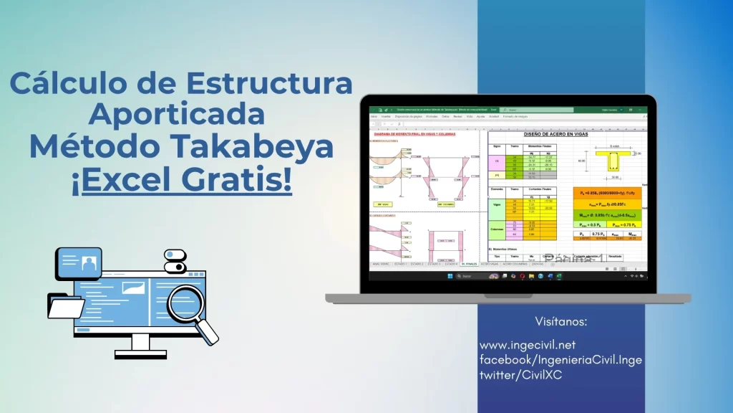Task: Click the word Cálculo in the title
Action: (x=74, y=84)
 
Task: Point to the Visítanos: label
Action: (x=561, y=321)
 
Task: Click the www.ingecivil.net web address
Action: (x=528, y=346)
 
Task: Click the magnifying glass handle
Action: (x=208, y=332)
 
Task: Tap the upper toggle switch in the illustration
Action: (x=175, y=255)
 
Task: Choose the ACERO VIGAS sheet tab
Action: (x=490, y=264)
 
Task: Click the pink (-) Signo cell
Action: (x=497, y=161)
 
